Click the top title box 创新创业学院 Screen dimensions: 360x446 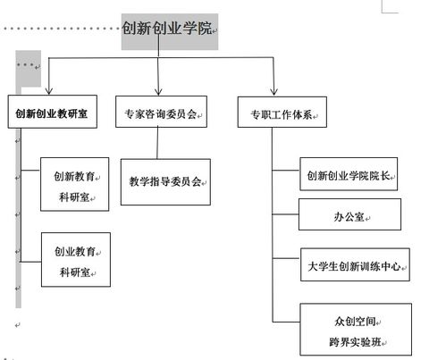tap(169, 29)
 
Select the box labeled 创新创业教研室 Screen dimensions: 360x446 tap(51, 115)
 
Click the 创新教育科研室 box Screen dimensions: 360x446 tap(75, 185)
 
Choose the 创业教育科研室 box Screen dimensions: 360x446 tap(75, 260)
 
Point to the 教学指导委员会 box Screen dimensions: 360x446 tap(164, 181)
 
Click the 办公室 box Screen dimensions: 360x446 tap(349, 215)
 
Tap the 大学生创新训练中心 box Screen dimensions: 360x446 tap(354, 265)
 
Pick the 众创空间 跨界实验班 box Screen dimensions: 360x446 tap(356, 329)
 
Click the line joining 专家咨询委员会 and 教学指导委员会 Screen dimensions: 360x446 tap(158, 143)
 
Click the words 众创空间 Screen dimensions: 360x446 tap(356, 319)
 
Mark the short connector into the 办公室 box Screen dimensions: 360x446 tap(285, 215)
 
